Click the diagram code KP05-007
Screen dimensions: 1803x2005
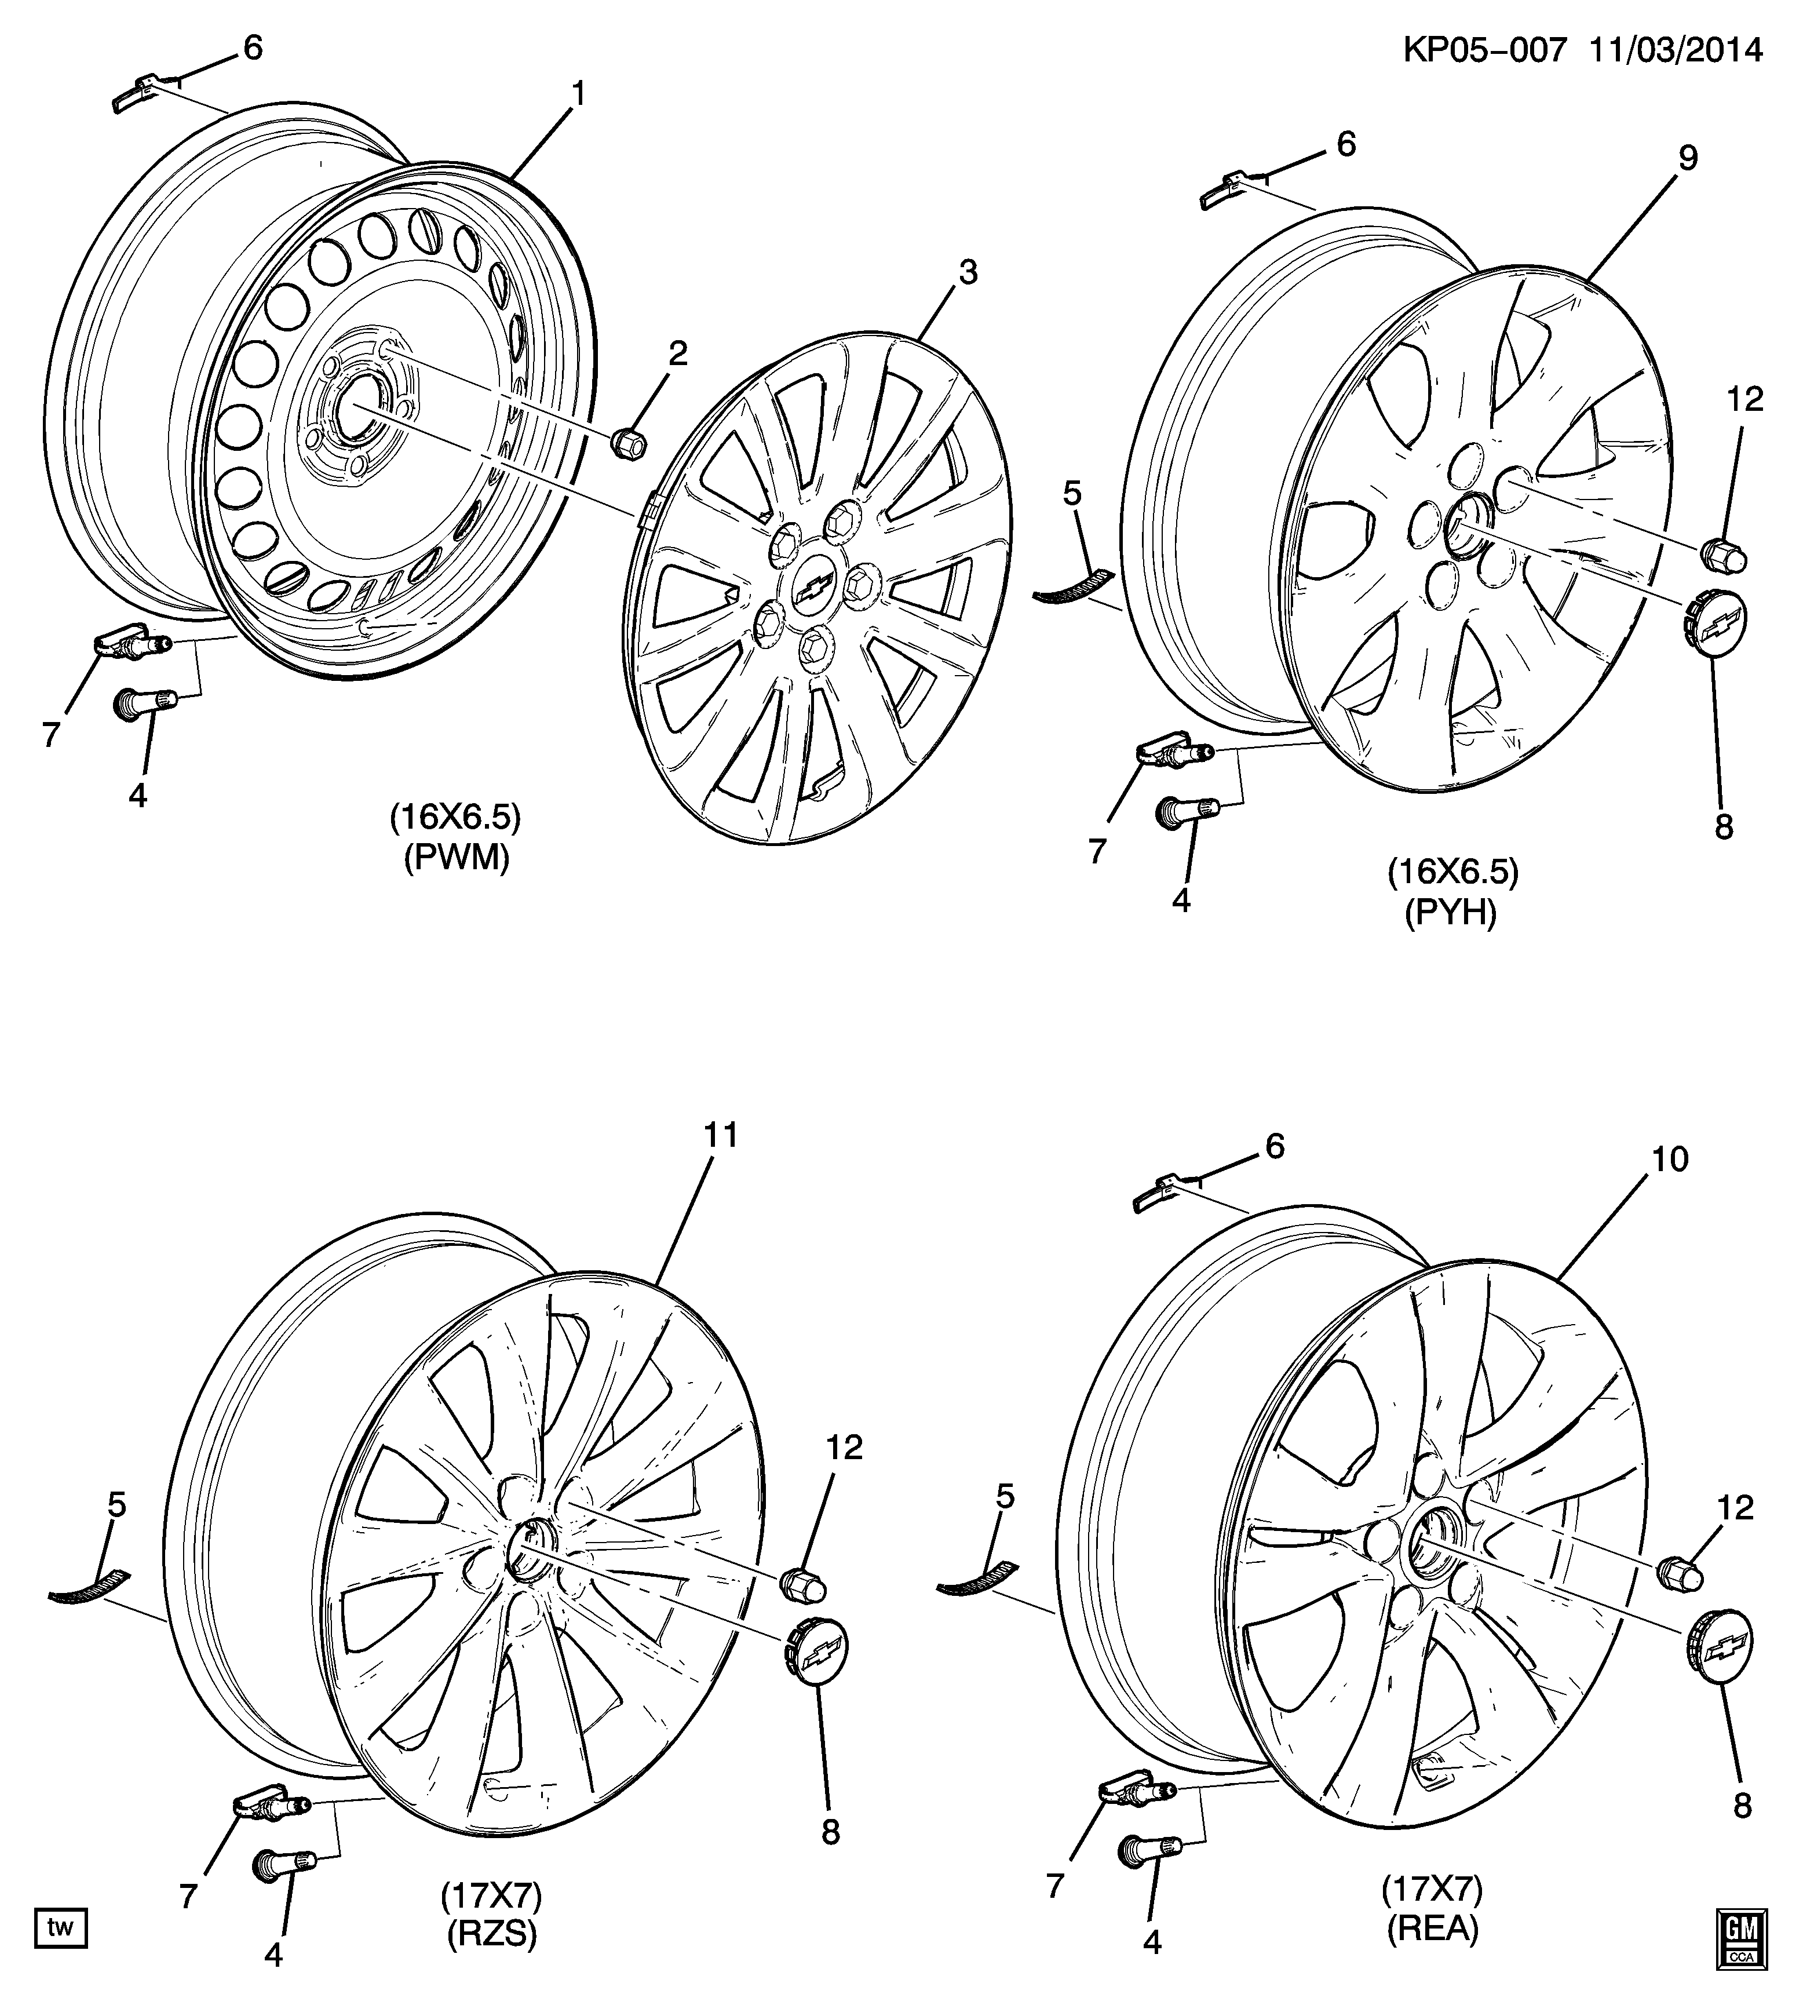[x=1484, y=49]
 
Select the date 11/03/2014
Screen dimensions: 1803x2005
[x=1679, y=49]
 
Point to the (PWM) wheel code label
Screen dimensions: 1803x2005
[x=456, y=858]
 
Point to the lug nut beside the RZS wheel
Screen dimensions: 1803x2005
[x=804, y=1584]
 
